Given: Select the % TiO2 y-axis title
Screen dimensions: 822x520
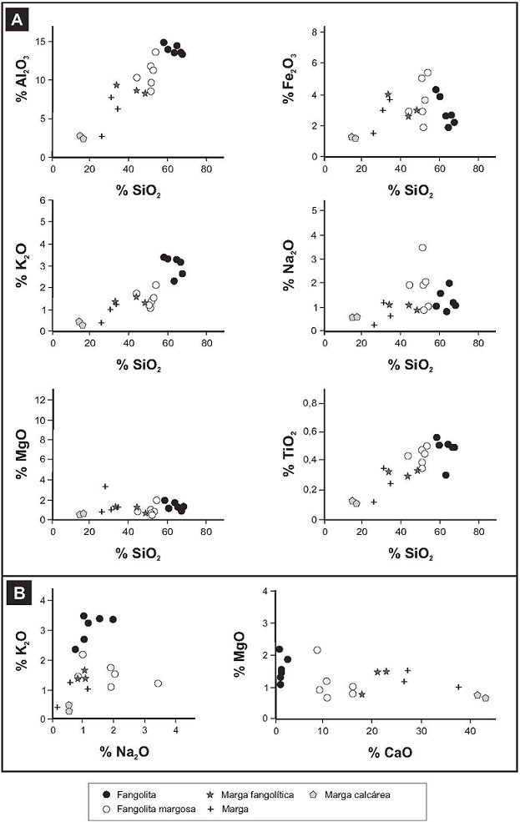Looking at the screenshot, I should coord(289,455).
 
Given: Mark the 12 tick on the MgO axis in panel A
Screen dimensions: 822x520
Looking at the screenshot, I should coord(38,401).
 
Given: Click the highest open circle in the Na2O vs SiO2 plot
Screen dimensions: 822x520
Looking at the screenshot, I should coord(422,247).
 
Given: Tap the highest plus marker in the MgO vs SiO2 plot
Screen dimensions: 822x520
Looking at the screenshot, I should coord(105,486).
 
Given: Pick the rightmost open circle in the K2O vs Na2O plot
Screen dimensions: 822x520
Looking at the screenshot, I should coord(157,683).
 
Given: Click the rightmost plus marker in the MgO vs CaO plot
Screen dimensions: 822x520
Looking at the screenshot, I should coord(458,687).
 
